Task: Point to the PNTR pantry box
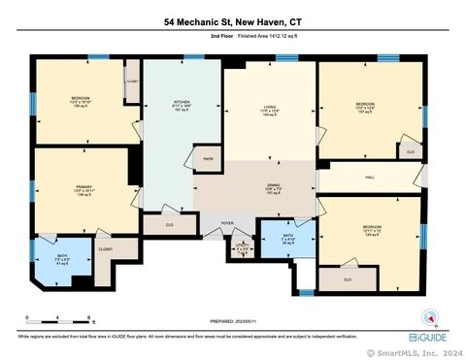pyautogui.click(x=208, y=157)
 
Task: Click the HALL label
pyautogui.click(x=370, y=178)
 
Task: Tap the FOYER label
pyautogui.click(x=226, y=222)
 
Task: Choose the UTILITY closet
pyautogui.click(x=244, y=247)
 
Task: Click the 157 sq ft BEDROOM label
pyautogui.click(x=365, y=106)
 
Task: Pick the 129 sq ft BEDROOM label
pyautogui.click(x=373, y=231)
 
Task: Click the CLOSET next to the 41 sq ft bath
pyautogui.click(x=105, y=248)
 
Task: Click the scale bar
pyautogui.click(x=60, y=317)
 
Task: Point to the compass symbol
pyautogui.click(x=430, y=316)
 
